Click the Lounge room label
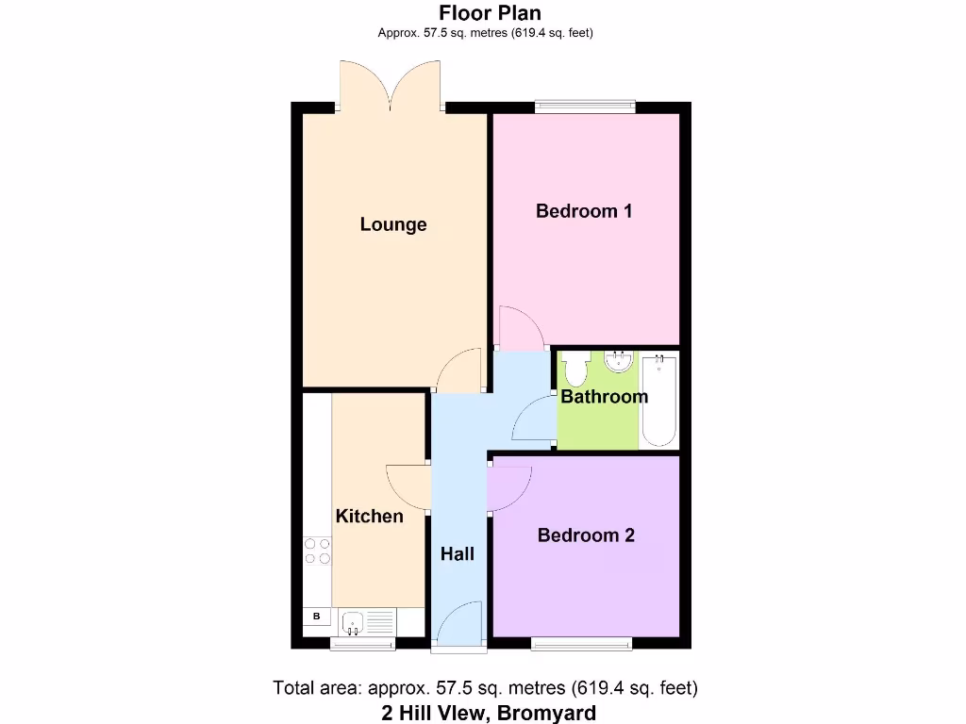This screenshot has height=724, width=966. coord(393,224)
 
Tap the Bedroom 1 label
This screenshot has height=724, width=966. coord(584,210)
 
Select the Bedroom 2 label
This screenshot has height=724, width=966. coord(586,535)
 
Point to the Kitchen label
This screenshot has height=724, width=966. coord(370,516)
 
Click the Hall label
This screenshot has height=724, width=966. coord(458,554)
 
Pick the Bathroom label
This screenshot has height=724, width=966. coord(604,397)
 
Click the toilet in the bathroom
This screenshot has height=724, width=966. coord(576,367)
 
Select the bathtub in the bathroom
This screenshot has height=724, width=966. coord(659,400)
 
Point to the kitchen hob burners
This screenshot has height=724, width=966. coord(317,551)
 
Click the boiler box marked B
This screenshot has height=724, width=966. coord(317,617)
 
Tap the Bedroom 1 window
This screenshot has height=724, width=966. coord(585,107)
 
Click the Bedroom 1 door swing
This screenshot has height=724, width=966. coord(520,328)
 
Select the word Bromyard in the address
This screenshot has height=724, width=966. coord(548,713)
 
